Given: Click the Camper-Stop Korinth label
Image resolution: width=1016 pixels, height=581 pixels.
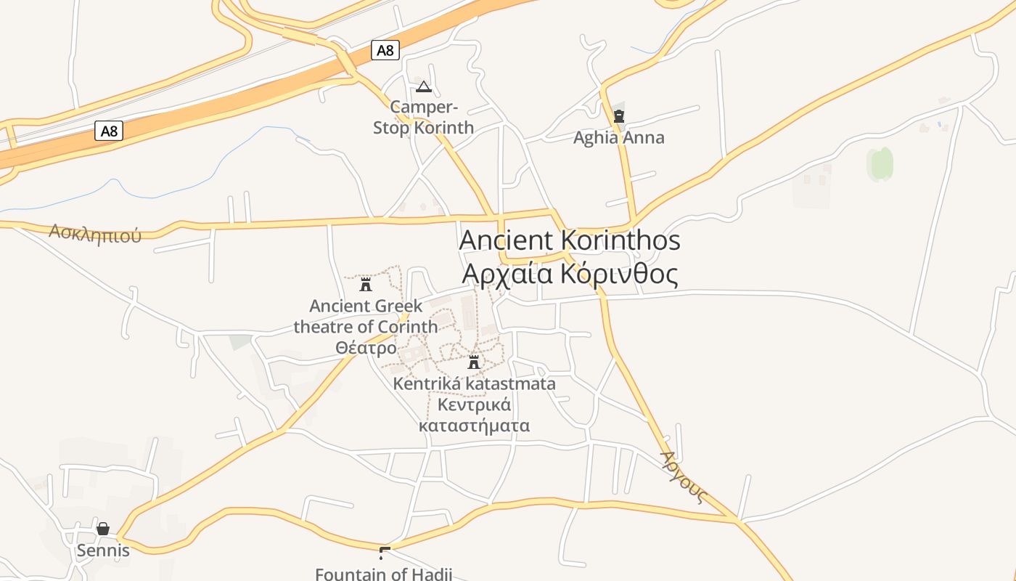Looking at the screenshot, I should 423,118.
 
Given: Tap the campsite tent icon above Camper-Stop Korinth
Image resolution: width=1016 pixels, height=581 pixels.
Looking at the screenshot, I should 423,88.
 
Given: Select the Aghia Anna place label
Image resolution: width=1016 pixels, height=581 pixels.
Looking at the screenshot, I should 618,138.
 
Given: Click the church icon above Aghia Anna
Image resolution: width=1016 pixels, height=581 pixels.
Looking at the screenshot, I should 619,115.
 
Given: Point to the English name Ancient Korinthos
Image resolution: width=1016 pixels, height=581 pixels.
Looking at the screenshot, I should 570,240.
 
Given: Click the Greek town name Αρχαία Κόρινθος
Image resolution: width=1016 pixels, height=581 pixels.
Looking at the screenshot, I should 570,275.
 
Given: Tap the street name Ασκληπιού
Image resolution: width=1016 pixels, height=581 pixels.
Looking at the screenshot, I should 95,233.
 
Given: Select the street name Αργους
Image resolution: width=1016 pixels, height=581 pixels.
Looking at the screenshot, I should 683,476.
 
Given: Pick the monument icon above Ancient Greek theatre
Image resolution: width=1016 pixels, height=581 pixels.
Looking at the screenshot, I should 366,284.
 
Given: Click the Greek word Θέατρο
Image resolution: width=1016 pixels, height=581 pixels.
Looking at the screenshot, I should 366,348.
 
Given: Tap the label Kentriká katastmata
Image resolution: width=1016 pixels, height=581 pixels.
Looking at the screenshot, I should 474,383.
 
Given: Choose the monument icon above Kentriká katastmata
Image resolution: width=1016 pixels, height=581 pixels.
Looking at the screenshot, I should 474,362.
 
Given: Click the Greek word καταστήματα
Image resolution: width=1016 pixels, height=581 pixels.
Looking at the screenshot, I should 474,426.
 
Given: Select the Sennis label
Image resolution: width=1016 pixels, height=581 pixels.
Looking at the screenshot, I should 103,550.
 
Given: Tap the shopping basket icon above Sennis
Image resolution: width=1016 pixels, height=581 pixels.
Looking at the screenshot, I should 103,529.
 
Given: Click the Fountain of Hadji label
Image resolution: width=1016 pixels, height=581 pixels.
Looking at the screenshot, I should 383,574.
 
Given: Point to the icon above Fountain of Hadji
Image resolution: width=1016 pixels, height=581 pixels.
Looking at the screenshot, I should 385,552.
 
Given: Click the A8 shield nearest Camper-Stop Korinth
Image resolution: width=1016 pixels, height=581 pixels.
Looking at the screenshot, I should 385,50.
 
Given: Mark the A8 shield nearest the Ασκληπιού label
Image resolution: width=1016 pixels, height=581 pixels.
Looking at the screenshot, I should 109,131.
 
